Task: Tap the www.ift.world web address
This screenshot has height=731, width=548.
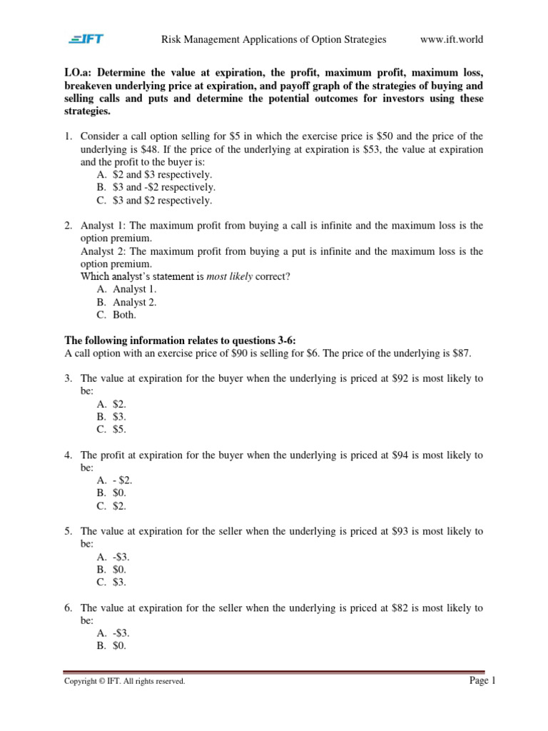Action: [452, 39]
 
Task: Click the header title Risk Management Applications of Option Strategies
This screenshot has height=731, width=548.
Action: [274, 39]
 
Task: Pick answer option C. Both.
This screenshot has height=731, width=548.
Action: [116, 315]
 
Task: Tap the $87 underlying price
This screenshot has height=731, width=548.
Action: [460, 353]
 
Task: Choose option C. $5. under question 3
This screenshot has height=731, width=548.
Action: [111, 429]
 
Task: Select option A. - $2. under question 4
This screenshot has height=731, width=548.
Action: [114, 480]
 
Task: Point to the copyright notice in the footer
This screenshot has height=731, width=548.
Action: [125, 682]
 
